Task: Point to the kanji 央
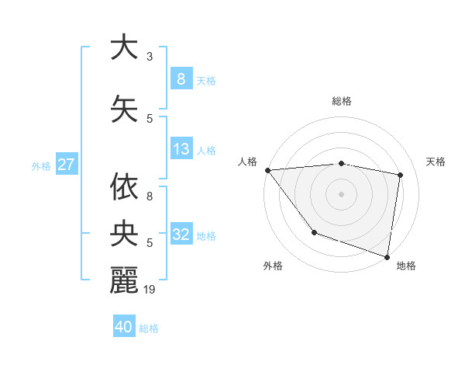point(124,233)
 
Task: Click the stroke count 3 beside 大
point(150,57)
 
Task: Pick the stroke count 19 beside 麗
point(150,290)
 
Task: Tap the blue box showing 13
point(181,149)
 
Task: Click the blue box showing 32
point(181,235)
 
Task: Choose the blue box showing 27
point(66,165)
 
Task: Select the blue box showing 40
point(124,327)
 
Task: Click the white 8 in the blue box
point(181,78)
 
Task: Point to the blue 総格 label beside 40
point(150,328)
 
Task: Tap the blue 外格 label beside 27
point(41,165)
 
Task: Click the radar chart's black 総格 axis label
point(342,101)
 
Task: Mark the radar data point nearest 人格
point(267,170)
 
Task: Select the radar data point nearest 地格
point(387,255)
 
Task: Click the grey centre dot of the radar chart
point(342,193)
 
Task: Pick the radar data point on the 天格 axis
point(400,175)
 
